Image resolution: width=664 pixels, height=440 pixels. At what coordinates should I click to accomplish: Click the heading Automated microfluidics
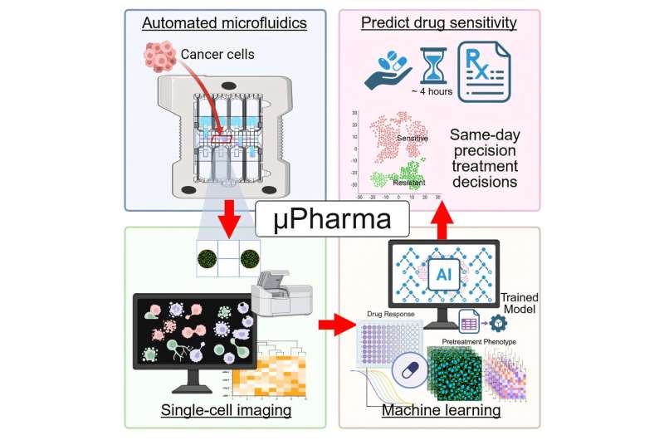click(x=224, y=23)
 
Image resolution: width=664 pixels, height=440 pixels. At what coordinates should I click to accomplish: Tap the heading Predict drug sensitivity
click(x=438, y=23)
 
